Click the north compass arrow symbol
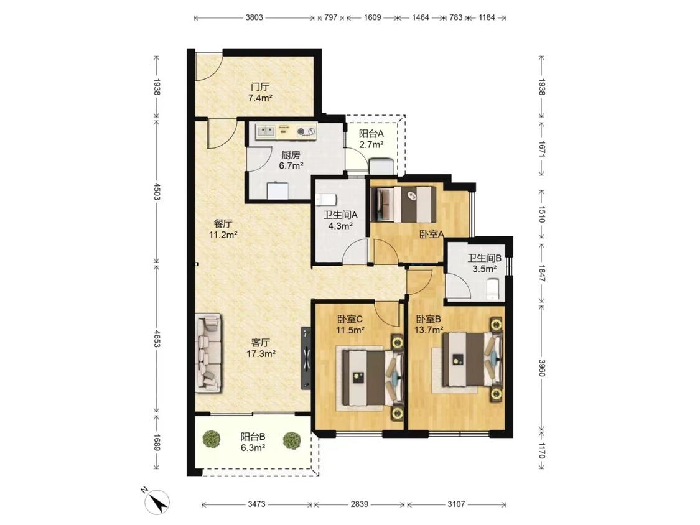pos(159,501)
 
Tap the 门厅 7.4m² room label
pos(260,93)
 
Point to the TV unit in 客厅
pos(306,358)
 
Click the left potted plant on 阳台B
pos(211,439)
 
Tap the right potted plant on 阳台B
pos(292,440)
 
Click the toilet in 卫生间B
pos(492,289)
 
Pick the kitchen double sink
pos(265,131)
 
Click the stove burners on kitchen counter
pos(306,131)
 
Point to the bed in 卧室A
pos(406,205)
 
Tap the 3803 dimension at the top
pos(254,18)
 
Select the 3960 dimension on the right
pos(541,368)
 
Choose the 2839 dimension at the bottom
pos(360,504)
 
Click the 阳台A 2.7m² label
pos(371,139)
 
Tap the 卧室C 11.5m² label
pos(350,325)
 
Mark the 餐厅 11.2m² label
pos(223,229)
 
